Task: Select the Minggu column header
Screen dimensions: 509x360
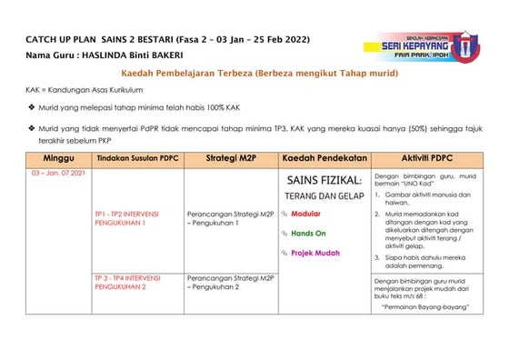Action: click(55, 158)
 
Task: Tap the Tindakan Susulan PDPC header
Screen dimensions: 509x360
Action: click(136, 158)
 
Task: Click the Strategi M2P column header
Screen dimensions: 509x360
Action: click(230, 158)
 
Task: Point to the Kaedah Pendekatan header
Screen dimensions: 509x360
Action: click(324, 158)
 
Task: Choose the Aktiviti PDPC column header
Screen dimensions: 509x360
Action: click(427, 158)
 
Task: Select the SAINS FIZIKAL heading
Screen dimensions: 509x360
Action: click(324, 181)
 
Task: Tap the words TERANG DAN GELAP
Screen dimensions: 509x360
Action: click(324, 196)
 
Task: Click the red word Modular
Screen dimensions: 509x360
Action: click(305, 214)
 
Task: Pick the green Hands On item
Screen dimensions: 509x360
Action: click(308, 234)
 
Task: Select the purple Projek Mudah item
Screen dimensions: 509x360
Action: click(314, 254)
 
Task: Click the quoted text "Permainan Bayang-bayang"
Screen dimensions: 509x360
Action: click(424, 307)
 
